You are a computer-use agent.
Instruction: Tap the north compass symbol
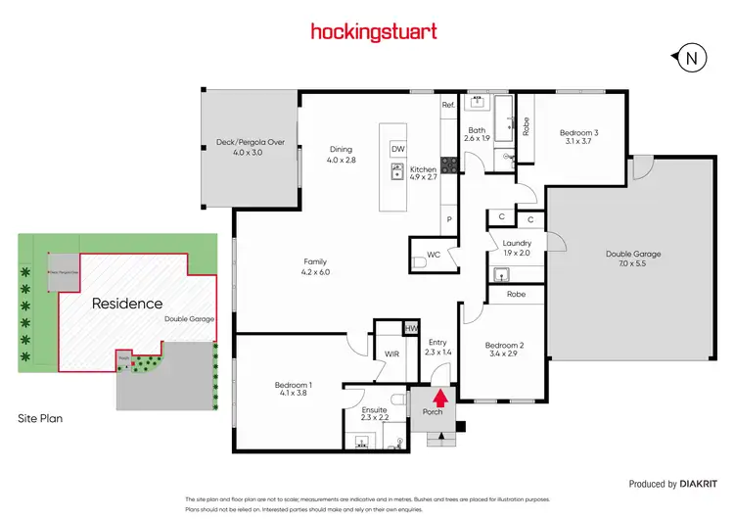click(x=692, y=58)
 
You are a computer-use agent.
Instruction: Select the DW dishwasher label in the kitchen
click(x=397, y=149)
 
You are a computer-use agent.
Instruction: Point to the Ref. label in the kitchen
click(x=448, y=105)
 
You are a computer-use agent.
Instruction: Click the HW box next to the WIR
click(x=412, y=328)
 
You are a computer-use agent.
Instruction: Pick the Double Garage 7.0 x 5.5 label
click(x=633, y=259)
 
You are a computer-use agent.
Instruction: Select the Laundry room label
click(x=516, y=243)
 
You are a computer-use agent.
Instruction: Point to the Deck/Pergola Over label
click(x=250, y=142)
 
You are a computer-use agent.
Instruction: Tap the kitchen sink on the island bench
click(x=397, y=174)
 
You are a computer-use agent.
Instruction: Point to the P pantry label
click(x=448, y=220)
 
